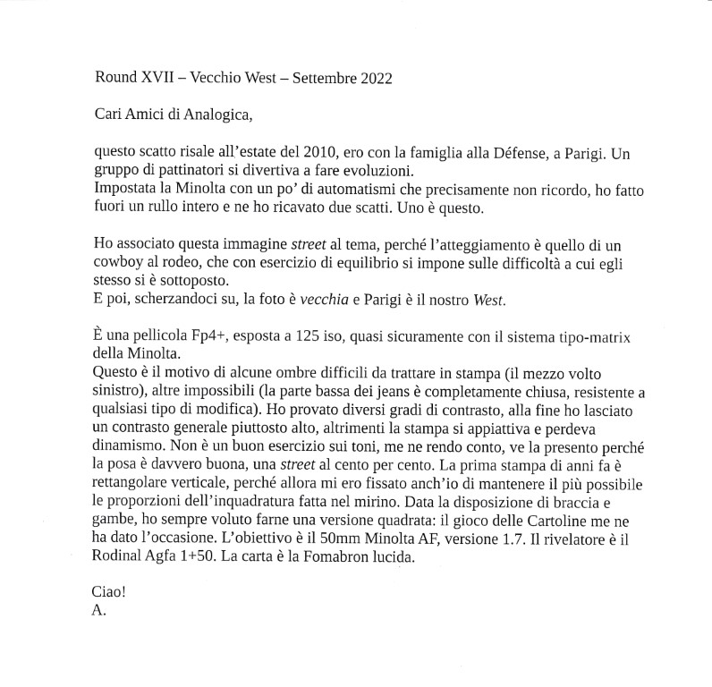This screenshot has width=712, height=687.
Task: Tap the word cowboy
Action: (118, 262)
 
